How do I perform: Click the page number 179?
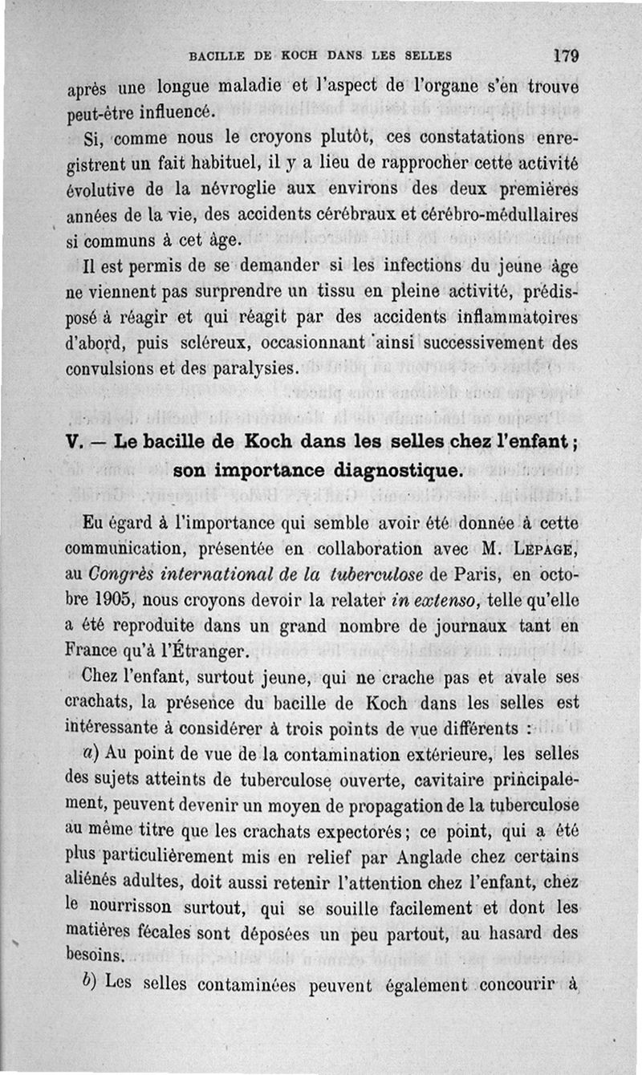click(566, 56)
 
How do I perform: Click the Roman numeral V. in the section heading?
click(78, 440)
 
